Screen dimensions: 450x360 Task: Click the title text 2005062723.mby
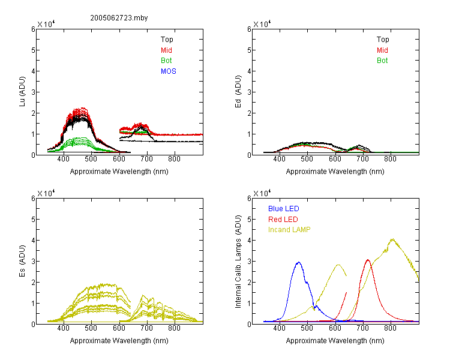pyautogui.click(x=119, y=18)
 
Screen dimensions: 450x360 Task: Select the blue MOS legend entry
pyautogui.click(x=169, y=71)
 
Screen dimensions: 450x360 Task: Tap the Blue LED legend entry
pyautogui.click(x=284, y=209)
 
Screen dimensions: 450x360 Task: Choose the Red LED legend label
pyautogui.click(x=283, y=220)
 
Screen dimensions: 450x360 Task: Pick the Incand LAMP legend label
pyautogui.click(x=289, y=230)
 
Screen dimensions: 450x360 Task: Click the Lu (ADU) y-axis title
pyautogui.click(x=22, y=92)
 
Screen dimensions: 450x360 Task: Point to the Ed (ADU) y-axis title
pyautogui.click(x=238, y=92)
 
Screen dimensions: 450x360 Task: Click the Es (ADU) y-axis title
pyautogui.click(x=22, y=261)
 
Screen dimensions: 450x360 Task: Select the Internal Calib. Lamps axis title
pyautogui.click(x=238, y=262)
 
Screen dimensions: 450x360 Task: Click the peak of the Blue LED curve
pyautogui.click(x=299, y=262)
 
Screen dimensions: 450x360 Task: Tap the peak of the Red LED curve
pyautogui.click(x=368, y=260)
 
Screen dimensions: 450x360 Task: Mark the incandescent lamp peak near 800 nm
pyautogui.click(x=392, y=239)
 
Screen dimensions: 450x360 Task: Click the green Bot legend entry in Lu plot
pyautogui.click(x=166, y=61)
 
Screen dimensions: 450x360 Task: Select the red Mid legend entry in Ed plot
pyautogui.click(x=382, y=50)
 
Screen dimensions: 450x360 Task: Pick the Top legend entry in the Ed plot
pyautogui.click(x=383, y=40)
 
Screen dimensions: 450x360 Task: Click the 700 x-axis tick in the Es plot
pyautogui.click(x=147, y=328)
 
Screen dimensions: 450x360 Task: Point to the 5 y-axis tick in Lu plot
pyautogui.click(x=33, y=50)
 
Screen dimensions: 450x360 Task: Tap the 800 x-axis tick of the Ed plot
pyautogui.click(x=391, y=159)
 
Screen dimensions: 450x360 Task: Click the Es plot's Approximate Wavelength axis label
pyautogui.click(x=119, y=341)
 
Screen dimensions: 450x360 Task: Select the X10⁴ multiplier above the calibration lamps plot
pyautogui.click(x=262, y=193)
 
